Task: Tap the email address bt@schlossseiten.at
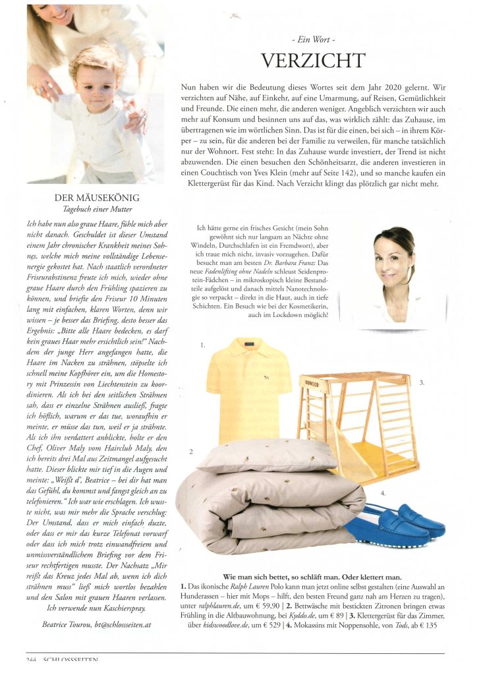pyautogui.click(x=125, y=623)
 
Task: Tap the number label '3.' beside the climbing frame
pyautogui.click(x=422, y=382)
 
